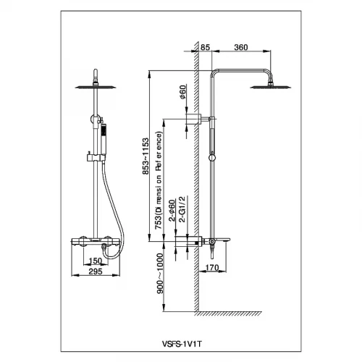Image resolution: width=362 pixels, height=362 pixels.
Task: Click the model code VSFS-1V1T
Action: tap(182, 344)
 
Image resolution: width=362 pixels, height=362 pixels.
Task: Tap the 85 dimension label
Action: tap(205, 47)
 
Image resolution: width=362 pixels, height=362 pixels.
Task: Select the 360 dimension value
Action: tap(241, 47)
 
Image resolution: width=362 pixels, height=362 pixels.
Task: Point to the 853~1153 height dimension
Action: tap(146, 156)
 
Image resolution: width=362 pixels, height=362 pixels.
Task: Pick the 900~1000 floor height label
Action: tap(160, 273)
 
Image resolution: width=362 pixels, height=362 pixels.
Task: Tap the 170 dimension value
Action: tap(212, 267)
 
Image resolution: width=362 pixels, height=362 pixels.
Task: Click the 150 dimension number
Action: tap(96, 261)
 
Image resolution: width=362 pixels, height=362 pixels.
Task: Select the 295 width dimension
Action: tap(96, 271)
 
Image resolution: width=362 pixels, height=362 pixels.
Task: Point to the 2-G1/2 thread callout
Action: tap(182, 209)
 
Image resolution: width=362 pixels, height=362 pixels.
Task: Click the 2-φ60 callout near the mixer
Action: tap(172, 211)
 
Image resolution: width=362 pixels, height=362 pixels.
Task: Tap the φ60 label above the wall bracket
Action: tap(183, 92)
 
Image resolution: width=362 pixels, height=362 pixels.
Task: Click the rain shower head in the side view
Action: tap(271, 87)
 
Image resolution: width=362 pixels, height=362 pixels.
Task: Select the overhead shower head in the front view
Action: tap(96, 87)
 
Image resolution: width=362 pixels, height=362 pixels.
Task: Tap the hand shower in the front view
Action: tap(104, 140)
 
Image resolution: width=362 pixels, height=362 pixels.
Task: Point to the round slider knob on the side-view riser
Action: tap(212, 158)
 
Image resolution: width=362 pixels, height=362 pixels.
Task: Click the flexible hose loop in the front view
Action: tap(114, 212)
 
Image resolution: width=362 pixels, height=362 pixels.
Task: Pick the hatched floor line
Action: tap(228, 313)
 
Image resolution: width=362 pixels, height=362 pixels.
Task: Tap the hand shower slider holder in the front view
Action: tap(96, 158)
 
